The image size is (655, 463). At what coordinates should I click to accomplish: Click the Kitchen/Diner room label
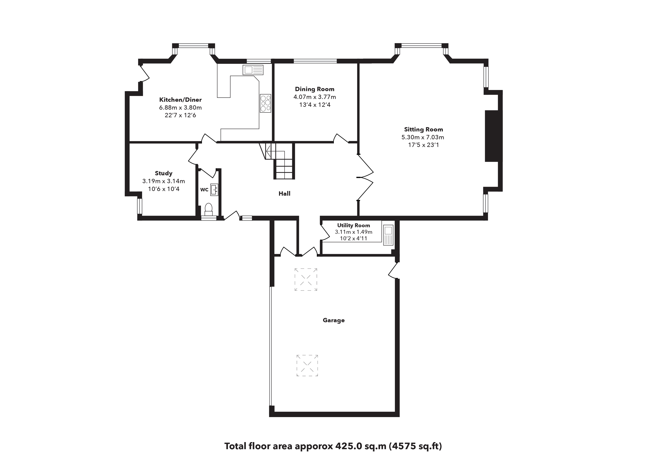[180, 100]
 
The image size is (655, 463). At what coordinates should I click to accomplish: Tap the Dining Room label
[315, 89]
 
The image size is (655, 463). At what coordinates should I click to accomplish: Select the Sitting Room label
[423, 130]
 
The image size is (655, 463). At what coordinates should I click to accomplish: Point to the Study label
[163, 173]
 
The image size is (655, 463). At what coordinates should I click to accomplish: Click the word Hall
[284, 194]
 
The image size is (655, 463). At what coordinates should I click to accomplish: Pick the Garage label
[333, 320]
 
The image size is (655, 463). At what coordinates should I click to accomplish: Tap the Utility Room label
[353, 225]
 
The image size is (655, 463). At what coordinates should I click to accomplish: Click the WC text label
[204, 190]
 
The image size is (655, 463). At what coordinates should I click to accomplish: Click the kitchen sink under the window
[253, 70]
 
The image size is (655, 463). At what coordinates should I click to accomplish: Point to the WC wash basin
[214, 190]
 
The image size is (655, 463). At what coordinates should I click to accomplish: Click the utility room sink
[388, 235]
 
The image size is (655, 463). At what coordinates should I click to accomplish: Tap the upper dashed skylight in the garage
[306, 279]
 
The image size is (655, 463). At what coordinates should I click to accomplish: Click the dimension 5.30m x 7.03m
[423, 137]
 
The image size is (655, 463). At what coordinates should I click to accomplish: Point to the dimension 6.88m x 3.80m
[180, 108]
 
